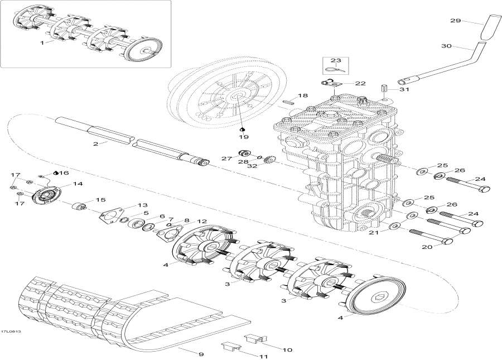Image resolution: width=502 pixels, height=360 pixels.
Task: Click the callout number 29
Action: pos(456,21)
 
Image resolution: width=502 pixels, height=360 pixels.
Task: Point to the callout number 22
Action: pos(360,83)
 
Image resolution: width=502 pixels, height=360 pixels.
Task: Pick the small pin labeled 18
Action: pos(287,102)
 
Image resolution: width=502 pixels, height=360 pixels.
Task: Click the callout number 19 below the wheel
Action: pos(244,136)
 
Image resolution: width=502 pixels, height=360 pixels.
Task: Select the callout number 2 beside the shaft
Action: pos(96,144)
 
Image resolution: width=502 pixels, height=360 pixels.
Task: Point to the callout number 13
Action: pos(143,205)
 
